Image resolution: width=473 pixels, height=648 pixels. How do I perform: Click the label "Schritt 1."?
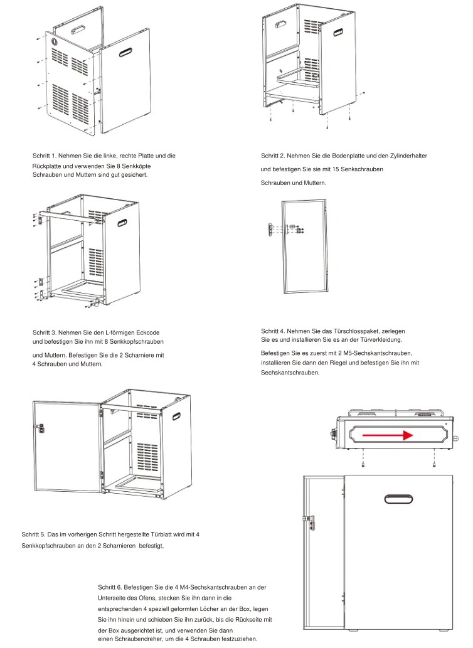pyautogui.click(x=46, y=155)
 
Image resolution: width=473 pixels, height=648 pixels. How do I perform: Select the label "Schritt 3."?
pyautogui.click(x=45, y=332)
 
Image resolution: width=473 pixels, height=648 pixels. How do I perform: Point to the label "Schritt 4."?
pyautogui.click(x=274, y=331)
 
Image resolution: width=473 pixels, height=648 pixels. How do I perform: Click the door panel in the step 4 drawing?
pyautogui.click(x=304, y=247)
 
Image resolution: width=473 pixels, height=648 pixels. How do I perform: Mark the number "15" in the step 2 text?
pyautogui.click(x=343, y=169)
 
